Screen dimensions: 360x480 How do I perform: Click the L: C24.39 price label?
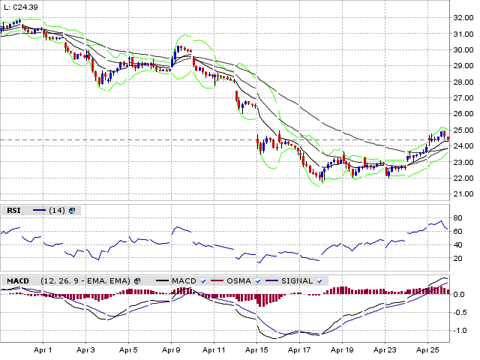22,7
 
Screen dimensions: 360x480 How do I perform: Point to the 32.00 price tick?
463,17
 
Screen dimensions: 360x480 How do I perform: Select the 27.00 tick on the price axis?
463,97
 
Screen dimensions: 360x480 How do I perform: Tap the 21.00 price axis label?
463,194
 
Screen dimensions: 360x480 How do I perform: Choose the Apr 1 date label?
43,350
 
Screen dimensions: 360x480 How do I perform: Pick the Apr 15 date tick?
256,350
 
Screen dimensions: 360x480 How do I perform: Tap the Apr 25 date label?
427,350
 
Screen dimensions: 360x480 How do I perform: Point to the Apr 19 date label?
342,350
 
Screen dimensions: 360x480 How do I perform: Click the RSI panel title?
13,211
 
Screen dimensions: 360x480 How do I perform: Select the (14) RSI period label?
57,211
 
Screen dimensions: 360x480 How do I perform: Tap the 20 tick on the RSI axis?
457,258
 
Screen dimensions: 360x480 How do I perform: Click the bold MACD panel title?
18,280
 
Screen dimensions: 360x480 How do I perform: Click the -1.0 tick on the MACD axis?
460,330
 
